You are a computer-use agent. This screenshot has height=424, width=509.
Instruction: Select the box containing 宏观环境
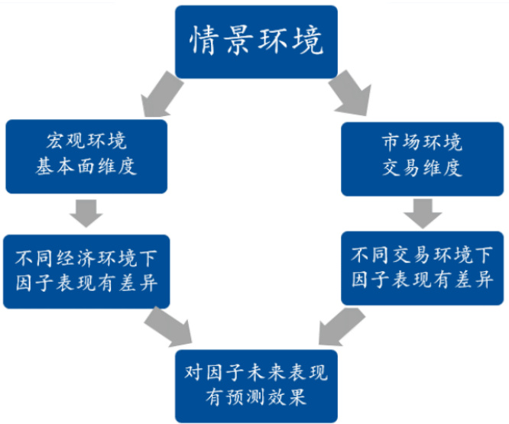click(x=86, y=155)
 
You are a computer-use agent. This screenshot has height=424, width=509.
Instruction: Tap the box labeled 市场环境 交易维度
click(x=422, y=155)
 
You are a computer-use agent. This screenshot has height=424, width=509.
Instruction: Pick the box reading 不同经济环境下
click(x=86, y=270)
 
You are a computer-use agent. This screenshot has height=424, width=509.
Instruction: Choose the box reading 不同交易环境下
click(x=422, y=267)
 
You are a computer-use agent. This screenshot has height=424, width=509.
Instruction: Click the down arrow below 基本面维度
click(x=86, y=212)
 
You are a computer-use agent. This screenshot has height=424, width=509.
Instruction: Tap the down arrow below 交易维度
click(x=422, y=212)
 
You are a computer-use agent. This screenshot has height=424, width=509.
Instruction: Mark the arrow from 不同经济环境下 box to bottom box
click(x=169, y=327)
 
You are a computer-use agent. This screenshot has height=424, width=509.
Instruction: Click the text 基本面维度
click(x=86, y=167)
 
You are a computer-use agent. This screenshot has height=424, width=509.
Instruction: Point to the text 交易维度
click(x=422, y=168)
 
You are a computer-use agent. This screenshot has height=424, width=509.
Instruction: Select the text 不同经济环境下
click(x=86, y=257)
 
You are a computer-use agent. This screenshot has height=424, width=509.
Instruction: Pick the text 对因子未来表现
click(x=255, y=372)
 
